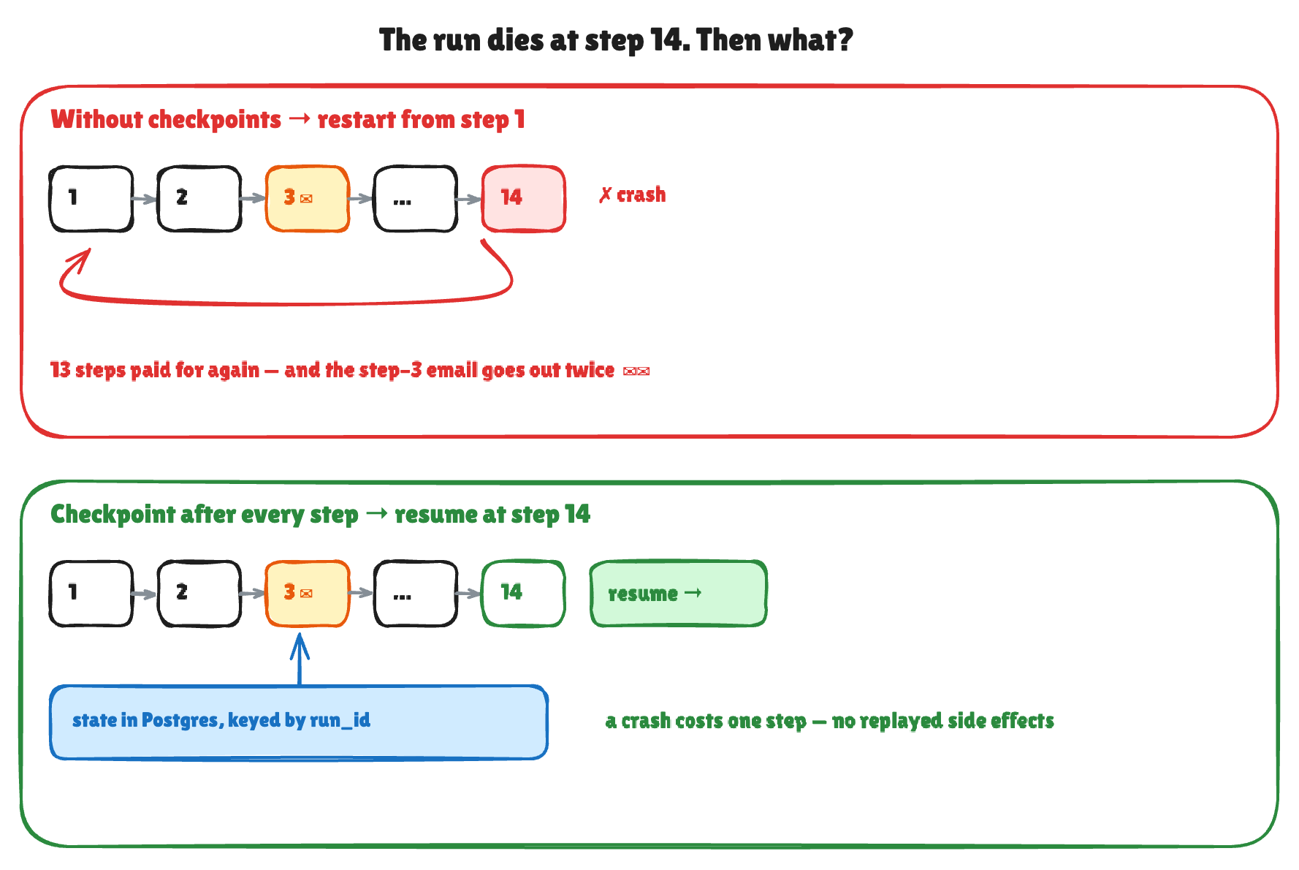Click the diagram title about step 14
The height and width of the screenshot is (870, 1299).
(616, 40)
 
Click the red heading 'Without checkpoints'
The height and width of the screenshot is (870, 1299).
(166, 119)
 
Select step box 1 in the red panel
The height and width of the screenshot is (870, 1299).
(91, 199)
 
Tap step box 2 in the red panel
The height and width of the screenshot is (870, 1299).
(199, 199)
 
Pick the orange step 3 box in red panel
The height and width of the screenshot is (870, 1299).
(308, 199)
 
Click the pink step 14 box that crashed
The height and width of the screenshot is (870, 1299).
(524, 199)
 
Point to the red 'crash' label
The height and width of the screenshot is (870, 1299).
(633, 195)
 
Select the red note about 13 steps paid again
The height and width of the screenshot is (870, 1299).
(350, 370)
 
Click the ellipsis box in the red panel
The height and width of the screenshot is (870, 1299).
(416, 199)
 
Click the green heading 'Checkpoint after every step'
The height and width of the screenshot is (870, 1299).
(205, 515)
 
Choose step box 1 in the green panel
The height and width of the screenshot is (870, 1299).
(91, 594)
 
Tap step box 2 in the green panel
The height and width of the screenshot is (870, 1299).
(199, 594)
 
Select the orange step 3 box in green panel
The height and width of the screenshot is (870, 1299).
(308, 594)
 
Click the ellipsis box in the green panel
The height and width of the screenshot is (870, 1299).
(416, 594)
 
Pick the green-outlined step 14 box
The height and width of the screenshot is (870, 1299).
(524, 594)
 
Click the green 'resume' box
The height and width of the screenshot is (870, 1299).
(679, 594)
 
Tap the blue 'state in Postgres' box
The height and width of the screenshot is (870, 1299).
(299, 722)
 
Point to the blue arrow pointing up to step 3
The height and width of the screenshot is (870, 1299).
(300, 659)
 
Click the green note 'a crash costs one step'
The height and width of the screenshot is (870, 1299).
(830, 721)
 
